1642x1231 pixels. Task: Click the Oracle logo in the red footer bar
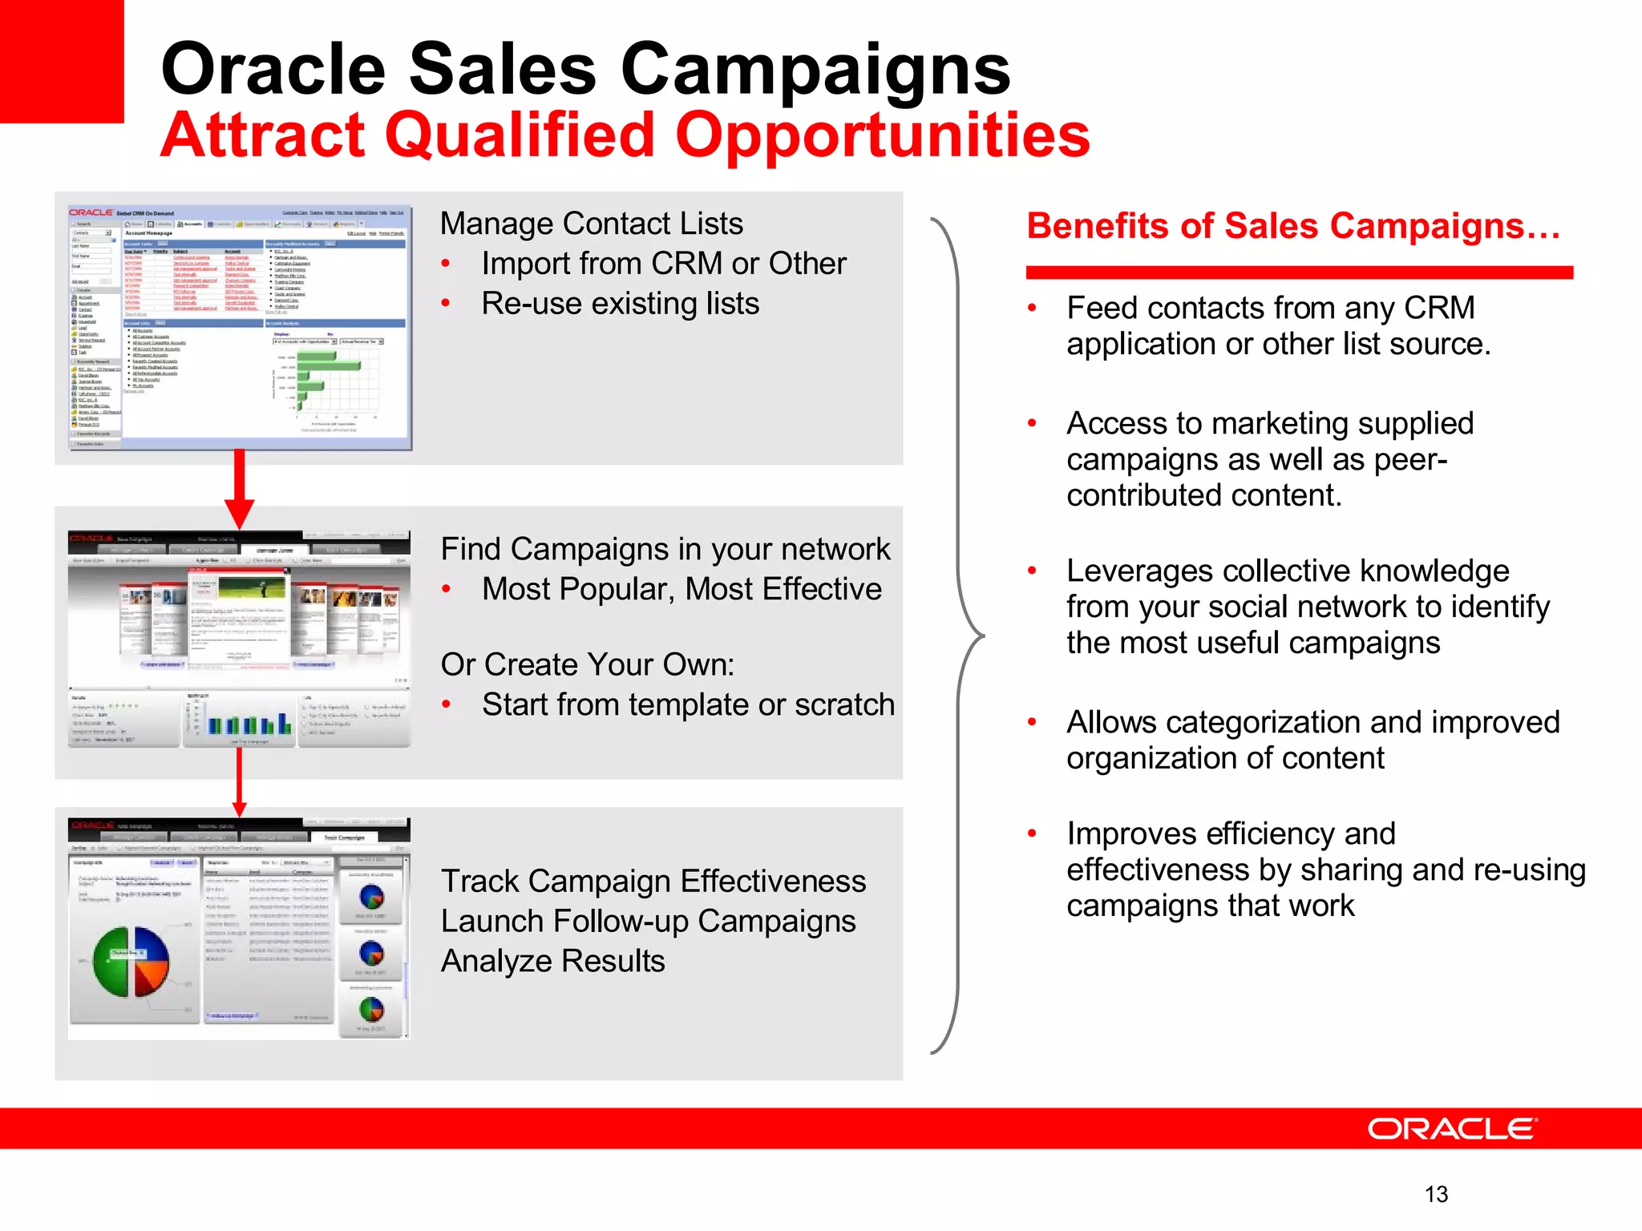coord(1452,1128)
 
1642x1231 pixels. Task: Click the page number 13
coord(1436,1194)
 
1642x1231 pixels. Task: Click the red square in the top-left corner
coord(61,61)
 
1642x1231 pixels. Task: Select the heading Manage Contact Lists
coord(591,224)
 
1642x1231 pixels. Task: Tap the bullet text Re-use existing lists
coord(620,304)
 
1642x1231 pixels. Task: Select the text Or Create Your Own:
coord(587,664)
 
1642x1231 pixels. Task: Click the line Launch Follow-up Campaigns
coord(648,921)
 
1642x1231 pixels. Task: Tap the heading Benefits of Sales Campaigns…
coord(1292,226)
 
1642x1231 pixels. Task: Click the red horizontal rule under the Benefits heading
coord(1299,272)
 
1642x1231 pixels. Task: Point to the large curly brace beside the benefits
coord(959,636)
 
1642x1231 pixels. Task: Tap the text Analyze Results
coord(552,961)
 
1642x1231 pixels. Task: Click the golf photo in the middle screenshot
coord(252,589)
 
